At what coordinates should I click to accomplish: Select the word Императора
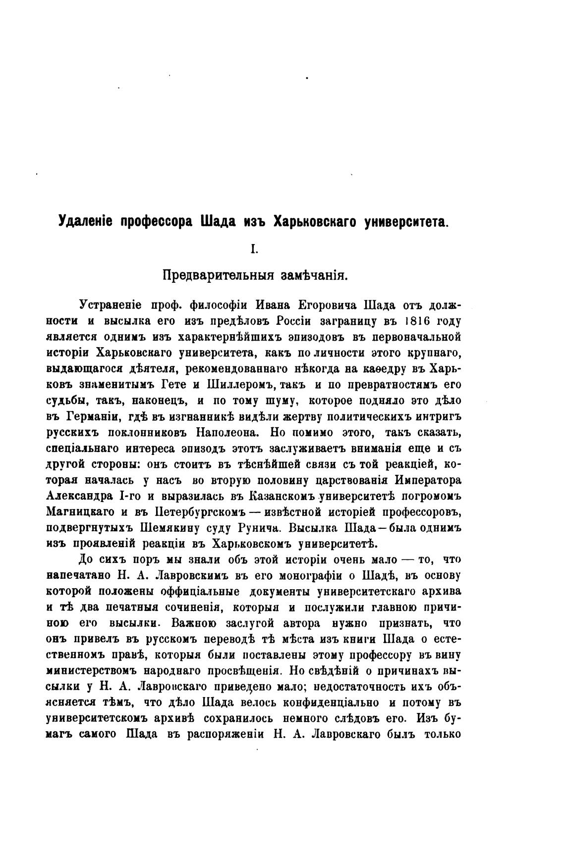tap(429, 480)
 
